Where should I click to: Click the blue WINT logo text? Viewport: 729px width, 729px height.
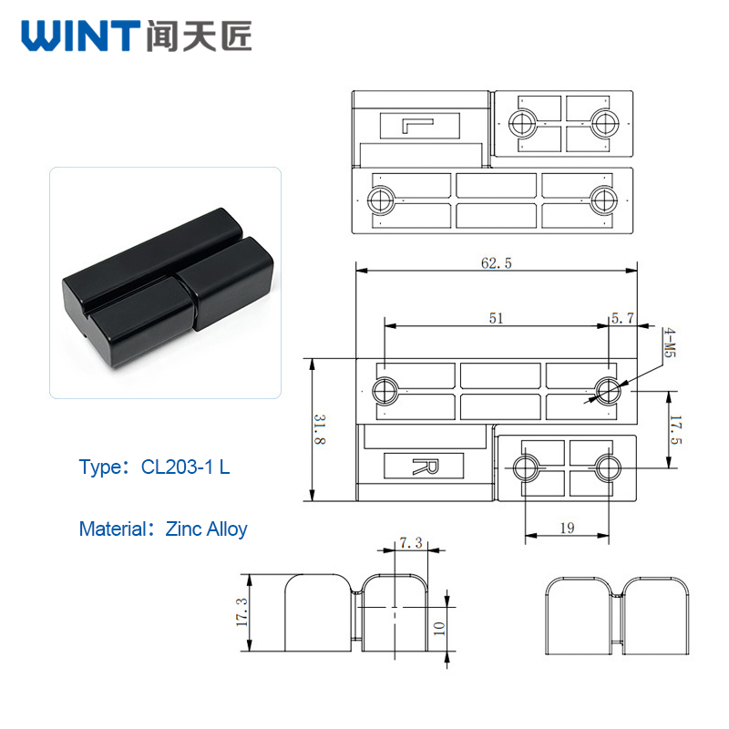[x=80, y=36]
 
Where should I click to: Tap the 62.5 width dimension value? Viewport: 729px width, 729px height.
[x=496, y=263]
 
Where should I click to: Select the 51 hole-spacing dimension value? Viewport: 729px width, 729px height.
[x=496, y=318]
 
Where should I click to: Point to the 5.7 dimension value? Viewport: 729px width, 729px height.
[x=622, y=318]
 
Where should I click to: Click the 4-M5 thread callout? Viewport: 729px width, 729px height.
[x=670, y=343]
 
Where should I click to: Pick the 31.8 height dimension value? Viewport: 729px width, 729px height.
[x=320, y=429]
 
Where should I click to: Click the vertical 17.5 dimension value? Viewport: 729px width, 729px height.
[x=675, y=429]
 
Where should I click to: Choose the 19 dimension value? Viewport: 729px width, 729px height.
[x=567, y=528]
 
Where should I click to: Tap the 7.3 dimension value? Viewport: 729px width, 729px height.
[x=411, y=542]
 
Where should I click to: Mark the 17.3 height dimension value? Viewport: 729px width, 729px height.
[x=241, y=611]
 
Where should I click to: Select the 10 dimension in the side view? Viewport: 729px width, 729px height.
[x=438, y=628]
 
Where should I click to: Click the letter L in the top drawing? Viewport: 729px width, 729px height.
[x=417, y=126]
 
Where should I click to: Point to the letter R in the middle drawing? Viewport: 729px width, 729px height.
[x=425, y=467]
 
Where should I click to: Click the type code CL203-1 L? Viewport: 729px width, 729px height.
[x=186, y=467]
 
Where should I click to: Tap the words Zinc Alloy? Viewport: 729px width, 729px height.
[x=207, y=529]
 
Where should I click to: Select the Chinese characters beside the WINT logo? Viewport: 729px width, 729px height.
[x=199, y=36]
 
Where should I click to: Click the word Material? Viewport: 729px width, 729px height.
[x=112, y=529]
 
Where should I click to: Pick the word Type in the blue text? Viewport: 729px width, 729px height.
[x=99, y=467]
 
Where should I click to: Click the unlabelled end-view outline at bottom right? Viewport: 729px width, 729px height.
[x=617, y=616]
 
